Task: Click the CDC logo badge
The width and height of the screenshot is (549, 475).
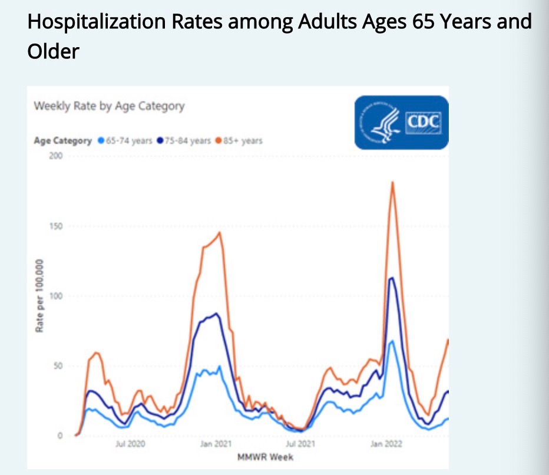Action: [x=401, y=123]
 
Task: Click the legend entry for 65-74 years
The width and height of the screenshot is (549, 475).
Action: [x=125, y=141]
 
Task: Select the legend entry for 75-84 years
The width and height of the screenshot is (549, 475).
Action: [x=184, y=141]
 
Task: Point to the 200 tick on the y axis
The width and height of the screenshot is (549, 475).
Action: [x=56, y=157]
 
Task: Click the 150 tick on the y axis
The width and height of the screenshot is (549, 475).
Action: [x=56, y=227]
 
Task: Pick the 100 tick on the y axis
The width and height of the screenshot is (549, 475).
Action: [x=56, y=296]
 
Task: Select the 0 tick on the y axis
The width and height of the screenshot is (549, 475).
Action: [x=59, y=436]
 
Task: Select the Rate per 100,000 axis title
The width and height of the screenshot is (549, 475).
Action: [x=40, y=295]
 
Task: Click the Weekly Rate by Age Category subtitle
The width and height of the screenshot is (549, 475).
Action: [x=109, y=107]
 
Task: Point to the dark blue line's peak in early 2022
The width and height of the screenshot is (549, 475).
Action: [x=392, y=278]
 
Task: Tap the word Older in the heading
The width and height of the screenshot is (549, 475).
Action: [x=53, y=51]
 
